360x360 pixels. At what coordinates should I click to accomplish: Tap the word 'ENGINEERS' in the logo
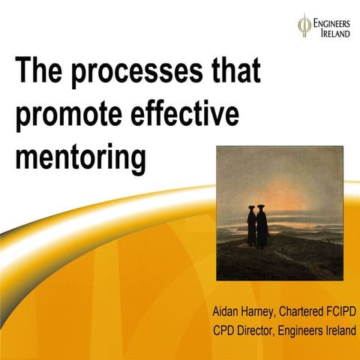tap(330, 21)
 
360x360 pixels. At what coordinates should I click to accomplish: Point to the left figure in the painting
tap(251, 225)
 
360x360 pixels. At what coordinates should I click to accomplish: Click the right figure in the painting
tap(262, 225)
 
